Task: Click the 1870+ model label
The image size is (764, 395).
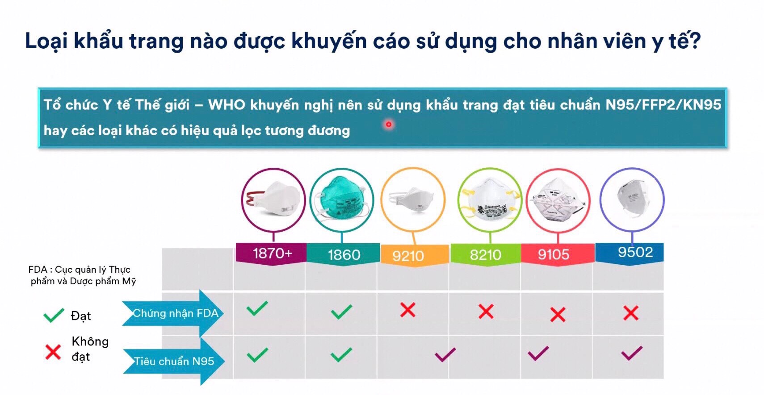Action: (x=272, y=253)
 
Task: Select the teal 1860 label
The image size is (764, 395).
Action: (x=344, y=254)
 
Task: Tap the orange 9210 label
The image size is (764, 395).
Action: (x=415, y=255)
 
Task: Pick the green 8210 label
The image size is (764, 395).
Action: (x=486, y=254)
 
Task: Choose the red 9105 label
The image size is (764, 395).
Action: (x=557, y=254)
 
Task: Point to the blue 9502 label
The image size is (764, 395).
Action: (x=630, y=253)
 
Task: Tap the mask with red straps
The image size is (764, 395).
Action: (x=273, y=200)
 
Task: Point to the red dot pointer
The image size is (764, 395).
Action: (x=389, y=125)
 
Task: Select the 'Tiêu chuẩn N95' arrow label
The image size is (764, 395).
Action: (x=174, y=361)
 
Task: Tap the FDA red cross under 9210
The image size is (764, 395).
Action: (x=408, y=310)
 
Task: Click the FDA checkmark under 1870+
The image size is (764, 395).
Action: (x=257, y=308)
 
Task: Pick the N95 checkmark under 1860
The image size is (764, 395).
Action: (x=341, y=354)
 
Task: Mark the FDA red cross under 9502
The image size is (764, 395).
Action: (x=631, y=313)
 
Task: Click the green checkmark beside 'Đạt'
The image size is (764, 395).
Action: (x=54, y=315)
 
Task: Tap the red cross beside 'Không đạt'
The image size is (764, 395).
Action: (x=53, y=352)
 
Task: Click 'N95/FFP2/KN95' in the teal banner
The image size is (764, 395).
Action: (x=663, y=104)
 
